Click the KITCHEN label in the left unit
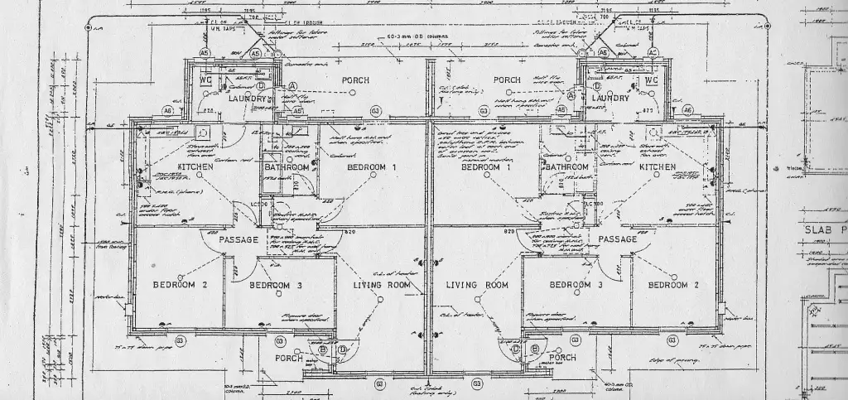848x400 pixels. [195, 167]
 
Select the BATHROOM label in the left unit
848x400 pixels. [287, 167]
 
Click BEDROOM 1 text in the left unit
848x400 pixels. [372, 167]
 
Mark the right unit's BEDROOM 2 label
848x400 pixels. [673, 285]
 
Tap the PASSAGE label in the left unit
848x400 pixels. [239, 239]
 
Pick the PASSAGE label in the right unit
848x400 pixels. [617, 239]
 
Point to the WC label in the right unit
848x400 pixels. [650, 80]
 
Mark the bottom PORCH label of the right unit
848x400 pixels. [561, 359]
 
